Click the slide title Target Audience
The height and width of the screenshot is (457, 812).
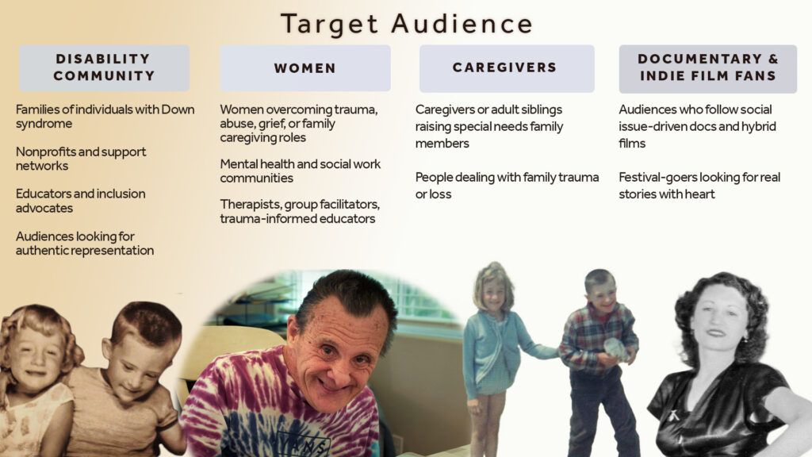click(407, 24)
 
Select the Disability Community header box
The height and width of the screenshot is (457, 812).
click(104, 68)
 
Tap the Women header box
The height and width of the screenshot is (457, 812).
click(305, 68)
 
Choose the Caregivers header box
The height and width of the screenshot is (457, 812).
click(507, 68)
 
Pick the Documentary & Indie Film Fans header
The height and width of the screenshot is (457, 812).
click(708, 68)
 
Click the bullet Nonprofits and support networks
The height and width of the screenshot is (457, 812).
click(81, 159)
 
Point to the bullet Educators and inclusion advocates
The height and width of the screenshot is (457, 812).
click(80, 201)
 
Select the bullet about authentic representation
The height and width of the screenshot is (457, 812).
click(84, 243)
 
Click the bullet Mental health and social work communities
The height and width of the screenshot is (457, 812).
click(300, 171)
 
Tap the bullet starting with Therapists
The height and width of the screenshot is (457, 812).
click(299, 211)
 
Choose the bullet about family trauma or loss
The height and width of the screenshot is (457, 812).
click(507, 186)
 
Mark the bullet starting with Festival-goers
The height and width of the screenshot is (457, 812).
click(699, 186)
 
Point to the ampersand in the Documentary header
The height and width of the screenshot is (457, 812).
click(773, 59)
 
